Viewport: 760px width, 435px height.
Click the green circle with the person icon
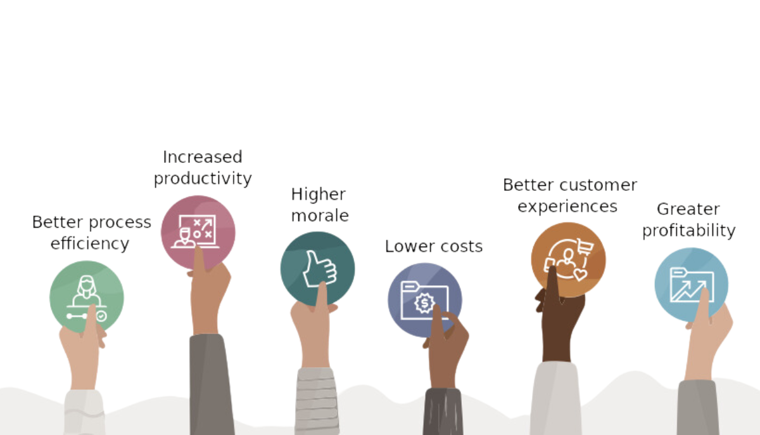pyautogui.click(x=87, y=297)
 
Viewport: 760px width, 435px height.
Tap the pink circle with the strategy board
pyautogui.click(x=198, y=232)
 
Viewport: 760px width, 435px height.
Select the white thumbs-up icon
pyautogui.click(x=320, y=269)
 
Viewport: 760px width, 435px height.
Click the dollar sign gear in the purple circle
pyautogui.click(x=424, y=303)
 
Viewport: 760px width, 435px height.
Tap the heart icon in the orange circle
pyautogui.click(x=580, y=274)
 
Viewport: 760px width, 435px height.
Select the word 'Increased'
pyautogui.click(x=203, y=157)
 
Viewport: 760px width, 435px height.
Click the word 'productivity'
pyautogui.click(x=203, y=179)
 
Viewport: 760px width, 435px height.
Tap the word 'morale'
pyautogui.click(x=320, y=216)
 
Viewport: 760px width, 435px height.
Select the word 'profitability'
pyautogui.click(x=689, y=231)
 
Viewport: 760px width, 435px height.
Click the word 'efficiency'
pyautogui.click(x=90, y=243)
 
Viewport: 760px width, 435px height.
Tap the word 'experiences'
pyautogui.click(x=567, y=207)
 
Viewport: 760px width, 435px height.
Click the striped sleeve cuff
pyautogui.click(x=317, y=401)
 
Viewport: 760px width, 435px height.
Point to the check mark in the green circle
pyautogui.click(x=101, y=316)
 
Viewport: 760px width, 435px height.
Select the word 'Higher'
pyautogui.click(x=318, y=195)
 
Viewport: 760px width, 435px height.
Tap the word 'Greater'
pyautogui.click(x=688, y=209)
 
